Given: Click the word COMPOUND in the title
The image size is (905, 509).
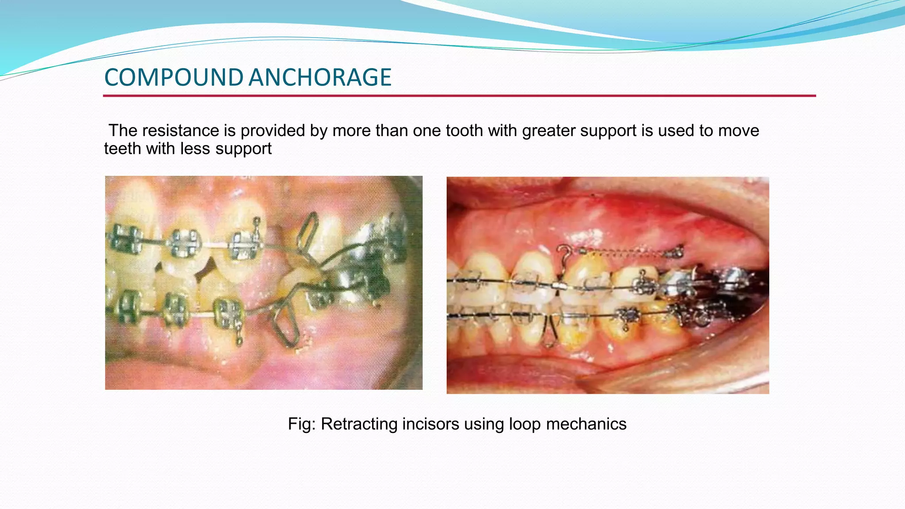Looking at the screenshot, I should [173, 78].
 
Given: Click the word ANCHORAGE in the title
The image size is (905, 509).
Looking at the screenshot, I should [319, 78].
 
